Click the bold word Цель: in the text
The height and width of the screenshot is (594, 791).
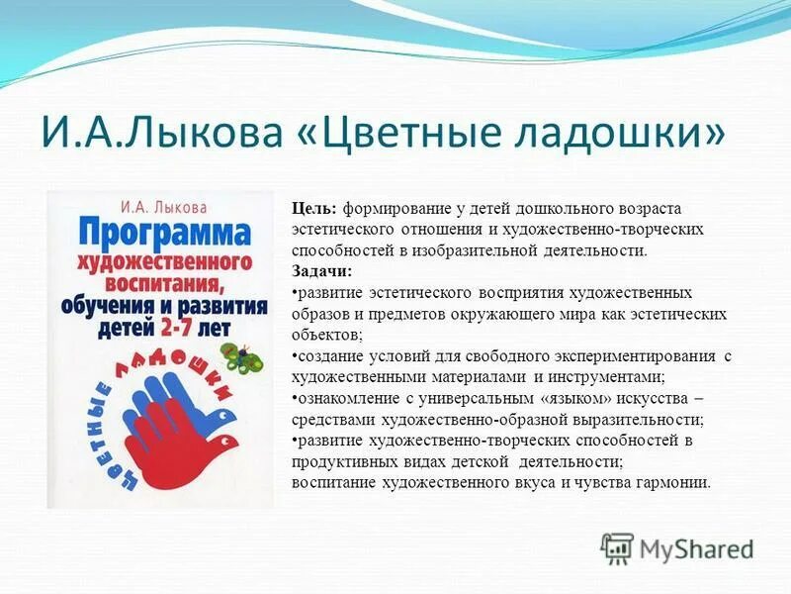(x=314, y=208)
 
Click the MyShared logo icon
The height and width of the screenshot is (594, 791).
(x=617, y=547)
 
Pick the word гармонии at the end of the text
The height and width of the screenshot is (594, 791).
(x=673, y=483)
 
